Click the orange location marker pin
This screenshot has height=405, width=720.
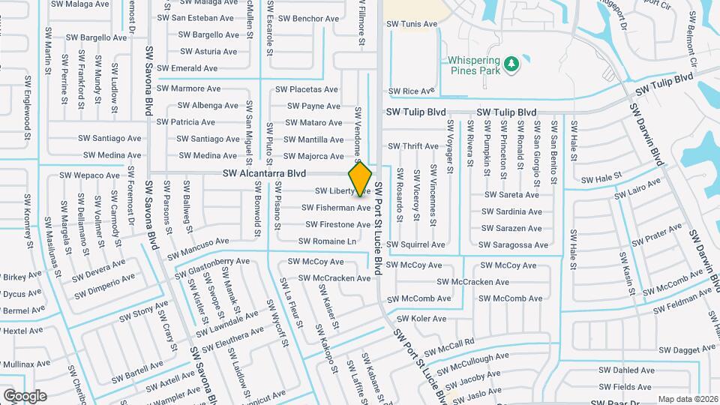pyautogui.click(x=361, y=178)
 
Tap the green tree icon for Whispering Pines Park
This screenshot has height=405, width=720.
pyautogui.click(x=511, y=64)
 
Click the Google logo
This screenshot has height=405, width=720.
pyautogui.click(x=25, y=395)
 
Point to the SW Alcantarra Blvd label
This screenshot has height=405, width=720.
pyautogui.click(x=264, y=173)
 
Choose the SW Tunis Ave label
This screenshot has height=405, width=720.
pyautogui.click(x=411, y=24)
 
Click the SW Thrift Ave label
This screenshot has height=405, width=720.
pyautogui.click(x=412, y=146)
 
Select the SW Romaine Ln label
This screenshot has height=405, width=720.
pyautogui.click(x=327, y=241)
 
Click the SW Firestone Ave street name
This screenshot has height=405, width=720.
pyautogui.click(x=337, y=224)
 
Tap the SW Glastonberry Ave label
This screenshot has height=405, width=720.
pyautogui.click(x=209, y=265)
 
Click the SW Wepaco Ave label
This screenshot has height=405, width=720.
pyautogui.click(x=91, y=175)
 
